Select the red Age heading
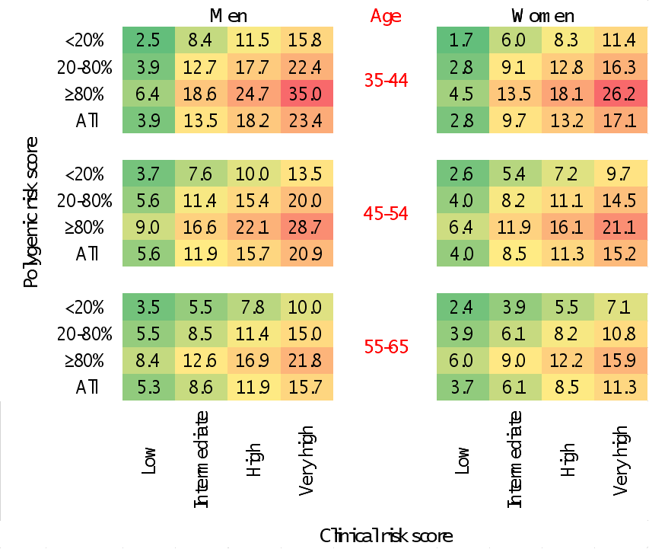coord(386,16)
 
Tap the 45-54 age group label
coord(386,214)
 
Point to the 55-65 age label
coord(386,347)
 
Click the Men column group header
coord(228,16)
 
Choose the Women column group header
coord(542,16)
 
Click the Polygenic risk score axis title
coord(30,212)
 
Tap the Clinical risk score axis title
coord(386,535)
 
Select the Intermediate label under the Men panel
coord(202,459)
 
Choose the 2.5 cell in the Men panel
coord(148,40)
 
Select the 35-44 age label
coord(386,81)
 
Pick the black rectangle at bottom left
coord(23,460)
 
